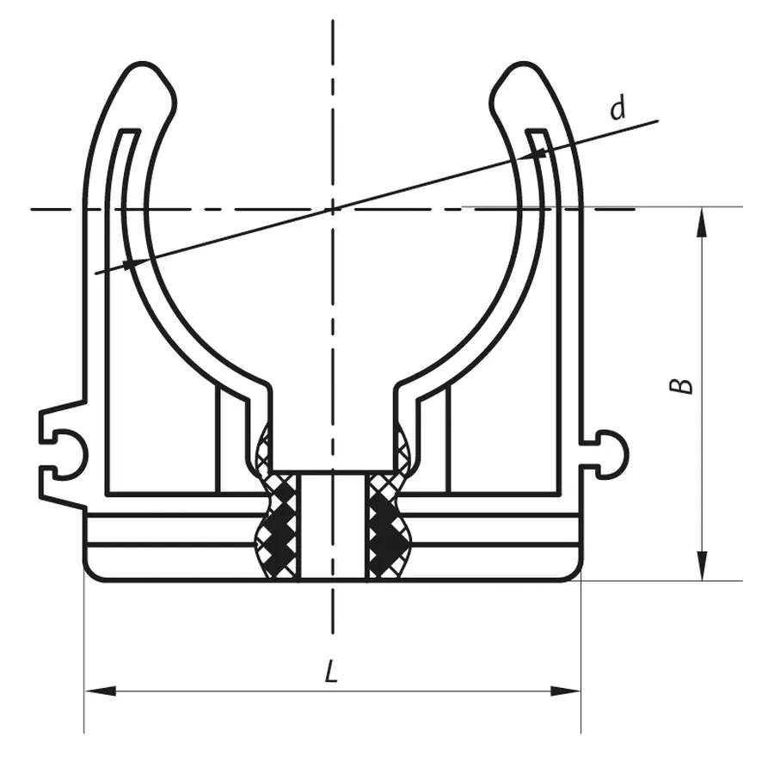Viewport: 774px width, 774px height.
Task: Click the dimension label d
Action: [617, 109]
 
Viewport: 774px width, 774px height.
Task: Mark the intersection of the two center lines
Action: [333, 208]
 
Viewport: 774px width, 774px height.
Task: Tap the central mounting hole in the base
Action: [333, 525]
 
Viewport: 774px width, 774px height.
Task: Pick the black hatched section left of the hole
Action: [280, 526]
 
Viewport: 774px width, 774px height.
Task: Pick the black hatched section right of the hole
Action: [384, 526]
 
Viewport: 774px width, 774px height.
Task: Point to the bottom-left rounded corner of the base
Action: [93, 571]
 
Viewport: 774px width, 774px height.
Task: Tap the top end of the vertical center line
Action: [333, 19]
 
